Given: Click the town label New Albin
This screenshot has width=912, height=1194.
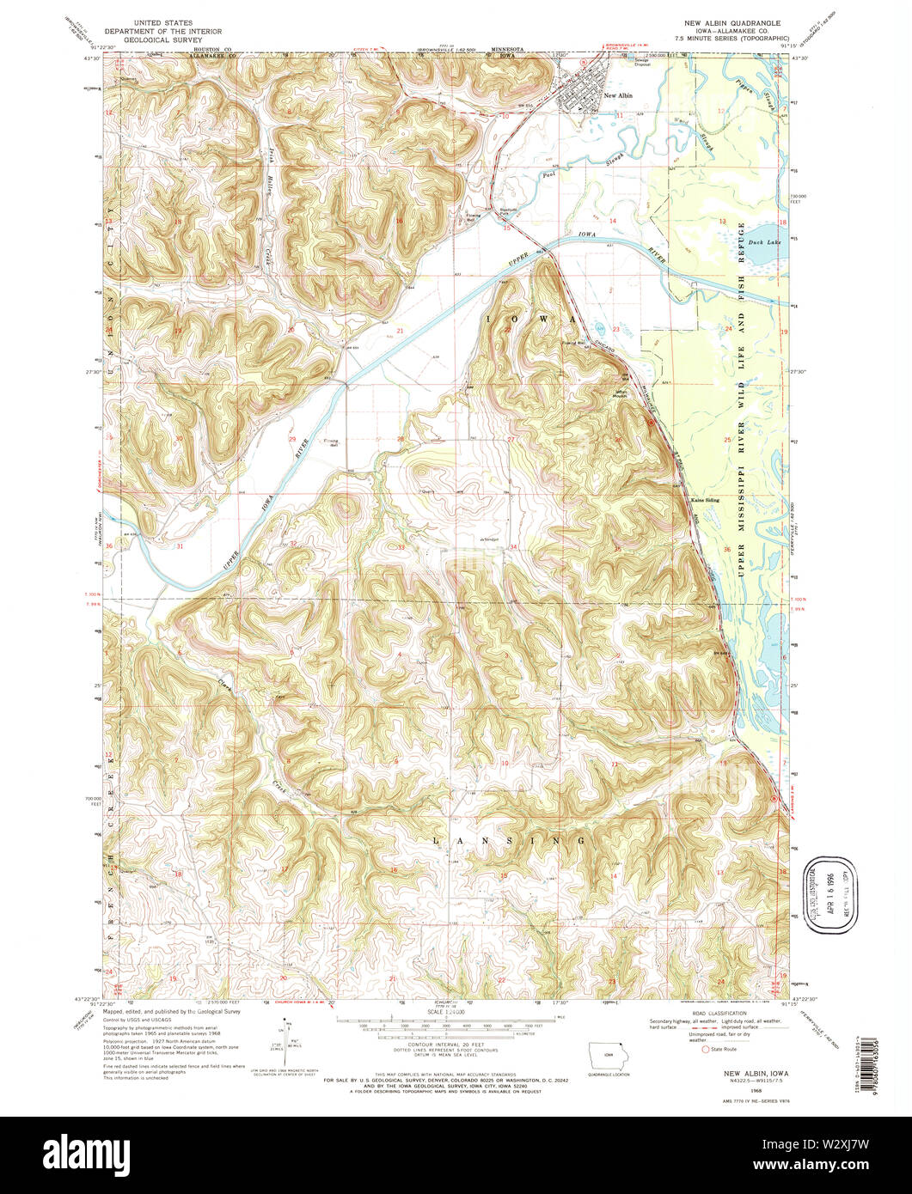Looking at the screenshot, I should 618,95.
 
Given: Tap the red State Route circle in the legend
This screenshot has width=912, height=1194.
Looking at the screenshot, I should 707,1049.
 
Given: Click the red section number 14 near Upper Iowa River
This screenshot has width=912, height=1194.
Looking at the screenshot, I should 613,221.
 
